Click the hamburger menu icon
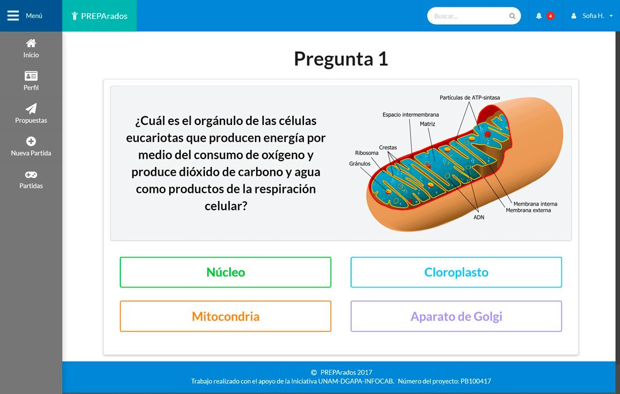(x=13, y=16)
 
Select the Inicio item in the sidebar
(x=31, y=48)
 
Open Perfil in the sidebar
(x=31, y=81)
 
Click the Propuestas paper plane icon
(x=31, y=108)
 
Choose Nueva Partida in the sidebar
(x=31, y=146)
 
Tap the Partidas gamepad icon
(x=31, y=175)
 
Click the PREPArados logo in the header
(x=100, y=16)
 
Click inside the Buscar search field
(x=469, y=16)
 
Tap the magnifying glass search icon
(x=512, y=16)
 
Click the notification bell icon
(x=539, y=16)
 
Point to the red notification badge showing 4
(x=550, y=16)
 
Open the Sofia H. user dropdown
(x=592, y=16)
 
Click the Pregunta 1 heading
(x=341, y=59)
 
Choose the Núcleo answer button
(x=226, y=272)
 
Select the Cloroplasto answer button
(x=457, y=272)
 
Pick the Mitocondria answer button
(x=226, y=316)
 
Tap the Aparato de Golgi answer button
(x=457, y=316)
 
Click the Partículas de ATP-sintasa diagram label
(x=470, y=97)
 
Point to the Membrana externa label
(x=528, y=210)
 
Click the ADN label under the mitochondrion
(x=479, y=217)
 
